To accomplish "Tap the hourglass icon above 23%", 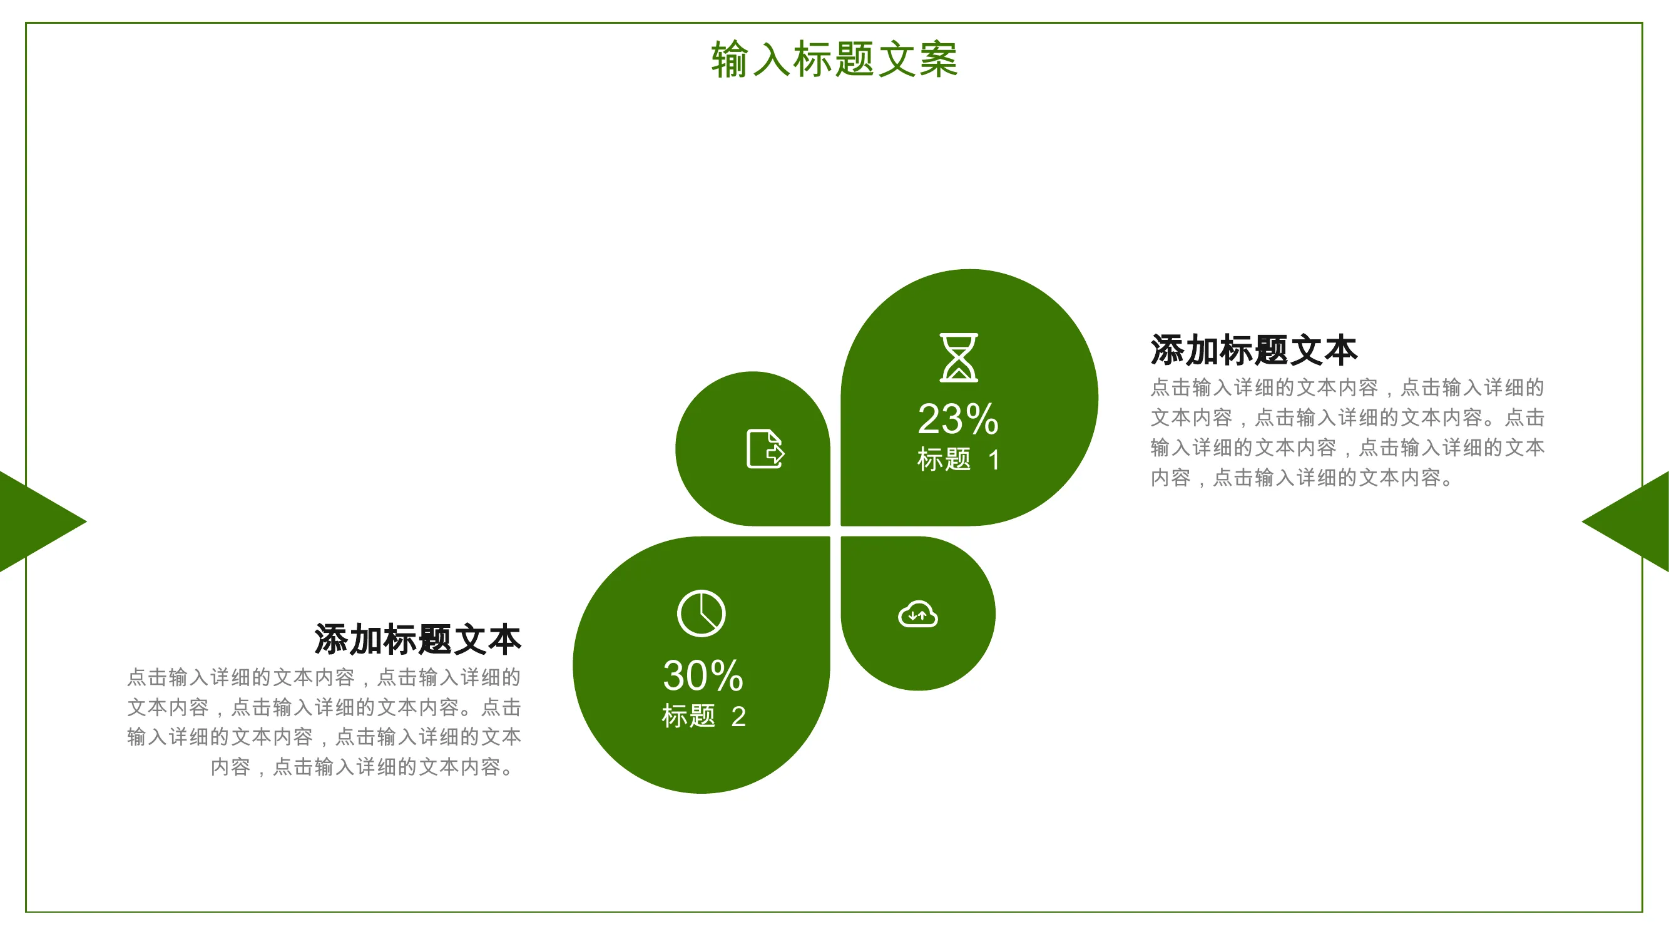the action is (x=959, y=357).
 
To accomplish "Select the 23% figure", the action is (x=958, y=419).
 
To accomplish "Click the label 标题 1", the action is (x=958, y=459).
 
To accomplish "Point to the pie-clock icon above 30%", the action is (x=702, y=613).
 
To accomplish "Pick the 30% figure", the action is (x=703, y=675).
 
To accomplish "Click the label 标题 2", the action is (x=703, y=716).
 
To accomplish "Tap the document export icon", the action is (x=765, y=448).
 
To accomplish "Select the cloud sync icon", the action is (x=918, y=614).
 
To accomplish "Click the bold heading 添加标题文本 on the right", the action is (x=1253, y=350).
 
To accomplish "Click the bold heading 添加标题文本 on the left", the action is (x=418, y=640).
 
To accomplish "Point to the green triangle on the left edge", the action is (x=36, y=521).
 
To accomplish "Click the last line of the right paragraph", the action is (x=1302, y=478).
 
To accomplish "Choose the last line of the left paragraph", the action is (x=364, y=767).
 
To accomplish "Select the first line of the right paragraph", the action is (x=1347, y=387).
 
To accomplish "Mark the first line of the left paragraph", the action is (x=324, y=677).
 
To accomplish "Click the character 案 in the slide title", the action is (x=937, y=59).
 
